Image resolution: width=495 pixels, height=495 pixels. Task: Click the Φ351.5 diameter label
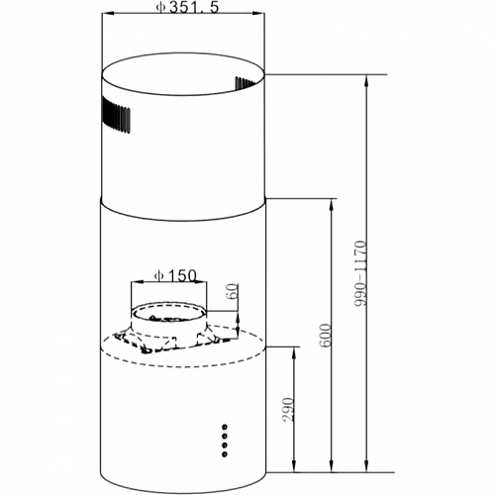pyautogui.click(x=187, y=7)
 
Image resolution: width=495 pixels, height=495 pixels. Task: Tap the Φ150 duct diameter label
pyautogui.click(x=175, y=275)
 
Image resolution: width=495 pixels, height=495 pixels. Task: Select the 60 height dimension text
pyautogui.click(x=233, y=291)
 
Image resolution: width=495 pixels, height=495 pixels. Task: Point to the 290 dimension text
pyautogui.click(x=288, y=409)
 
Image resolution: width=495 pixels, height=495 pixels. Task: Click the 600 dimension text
pyautogui.click(x=326, y=335)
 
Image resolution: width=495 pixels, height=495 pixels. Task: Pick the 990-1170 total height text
pyautogui.click(x=360, y=273)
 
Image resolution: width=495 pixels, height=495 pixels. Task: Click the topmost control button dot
pyautogui.click(x=225, y=427)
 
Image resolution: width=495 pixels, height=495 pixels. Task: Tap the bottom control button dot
pyautogui.click(x=225, y=454)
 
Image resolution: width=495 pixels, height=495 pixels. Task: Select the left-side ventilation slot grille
pyautogui.click(x=116, y=115)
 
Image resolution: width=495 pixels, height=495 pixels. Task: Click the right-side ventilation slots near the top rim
pyautogui.click(x=246, y=83)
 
